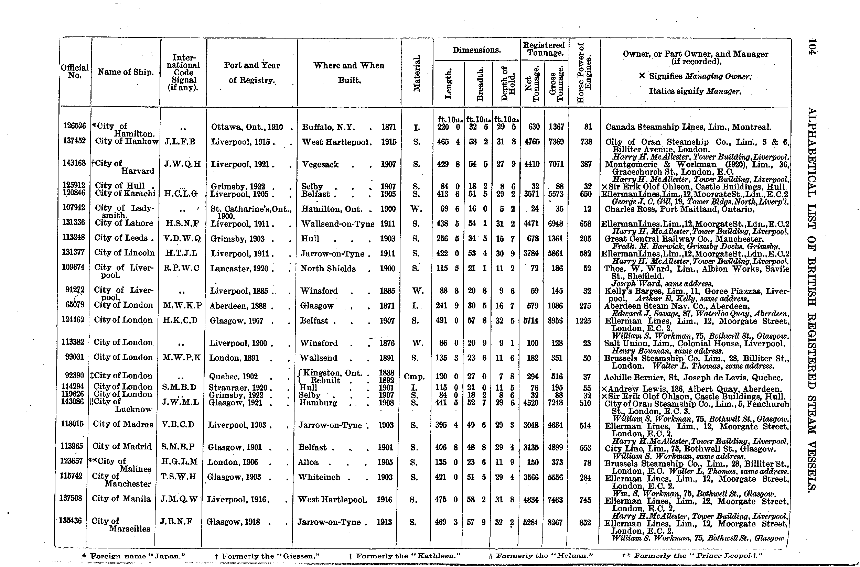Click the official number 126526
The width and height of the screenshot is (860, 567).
(x=75, y=126)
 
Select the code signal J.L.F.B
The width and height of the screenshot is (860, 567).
(x=180, y=142)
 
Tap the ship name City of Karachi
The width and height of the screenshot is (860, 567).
(x=125, y=194)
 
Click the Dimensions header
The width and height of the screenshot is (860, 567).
(x=476, y=50)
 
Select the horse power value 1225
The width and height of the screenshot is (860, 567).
(x=583, y=321)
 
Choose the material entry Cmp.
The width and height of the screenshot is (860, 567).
(x=414, y=377)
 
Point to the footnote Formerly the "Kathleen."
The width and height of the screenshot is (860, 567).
(x=404, y=556)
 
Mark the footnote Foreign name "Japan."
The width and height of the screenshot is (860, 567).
(x=133, y=556)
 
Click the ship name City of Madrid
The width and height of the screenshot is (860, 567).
(x=122, y=447)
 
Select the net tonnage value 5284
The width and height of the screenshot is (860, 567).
(x=530, y=522)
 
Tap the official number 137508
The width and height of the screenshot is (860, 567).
(x=71, y=498)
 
